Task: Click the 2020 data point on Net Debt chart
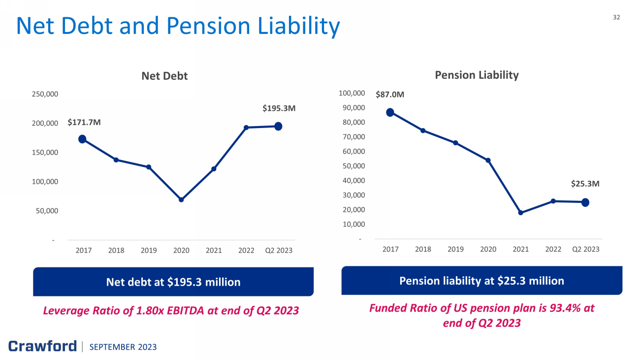click(x=181, y=199)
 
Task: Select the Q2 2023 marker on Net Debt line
click(x=278, y=127)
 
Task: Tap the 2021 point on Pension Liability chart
click(x=520, y=213)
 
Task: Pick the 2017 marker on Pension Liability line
click(x=390, y=112)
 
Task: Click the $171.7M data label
click(x=84, y=123)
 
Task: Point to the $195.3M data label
click(x=279, y=108)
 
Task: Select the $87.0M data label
click(x=390, y=95)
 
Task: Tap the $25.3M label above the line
click(x=585, y=184)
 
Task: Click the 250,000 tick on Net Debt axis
click(x=45, y=94)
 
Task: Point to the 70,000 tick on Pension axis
click(x=352, y=137)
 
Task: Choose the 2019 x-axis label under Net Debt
click(x=149, y=250)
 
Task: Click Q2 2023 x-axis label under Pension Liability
click(x=586, y=249)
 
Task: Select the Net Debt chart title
click(x=164, y=76)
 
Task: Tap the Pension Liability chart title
click(x=477, y=75)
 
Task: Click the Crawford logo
click(x=42, y=346)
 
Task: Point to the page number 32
click(x=616, y=17)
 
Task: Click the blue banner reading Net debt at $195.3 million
click(x=173, y=282)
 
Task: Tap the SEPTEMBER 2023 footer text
click(x=123, y=347)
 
